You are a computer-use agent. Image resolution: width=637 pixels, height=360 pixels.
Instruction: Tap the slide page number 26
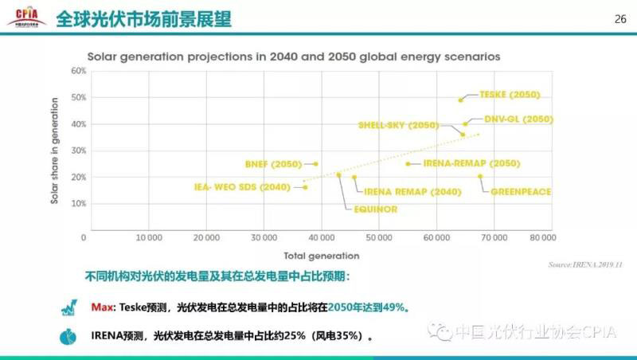620,20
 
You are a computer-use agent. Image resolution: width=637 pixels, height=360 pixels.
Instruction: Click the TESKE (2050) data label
510,95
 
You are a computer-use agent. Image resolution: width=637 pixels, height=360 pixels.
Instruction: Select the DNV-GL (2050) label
518,119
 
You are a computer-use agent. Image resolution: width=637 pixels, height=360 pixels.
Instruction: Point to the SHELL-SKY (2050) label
398,125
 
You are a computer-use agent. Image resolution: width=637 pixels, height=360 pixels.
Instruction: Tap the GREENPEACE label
521,192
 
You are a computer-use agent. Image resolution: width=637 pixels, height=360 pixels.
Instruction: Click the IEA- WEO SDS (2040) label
243,187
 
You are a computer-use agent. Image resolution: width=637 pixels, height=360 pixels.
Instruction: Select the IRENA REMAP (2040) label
401,192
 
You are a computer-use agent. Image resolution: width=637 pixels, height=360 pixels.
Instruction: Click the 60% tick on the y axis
78,71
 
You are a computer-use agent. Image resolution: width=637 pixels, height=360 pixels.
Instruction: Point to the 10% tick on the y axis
78,204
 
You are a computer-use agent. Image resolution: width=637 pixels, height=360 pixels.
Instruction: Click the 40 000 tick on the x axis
321,237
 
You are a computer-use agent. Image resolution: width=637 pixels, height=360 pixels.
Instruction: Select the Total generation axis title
321,256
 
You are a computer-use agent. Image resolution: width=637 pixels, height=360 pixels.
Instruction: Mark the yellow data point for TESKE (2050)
460,100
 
